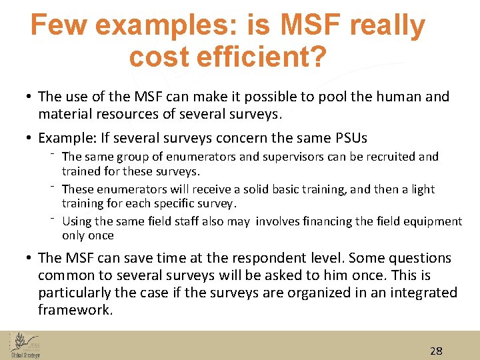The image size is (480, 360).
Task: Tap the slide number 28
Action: [437, 351]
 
